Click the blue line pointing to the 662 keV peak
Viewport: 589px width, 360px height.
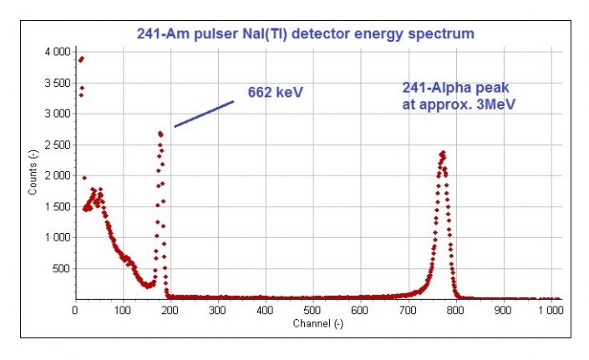pyautogui.click(x=204, y=114)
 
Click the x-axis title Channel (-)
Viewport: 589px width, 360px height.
pyautogui.click(x=317, y=322)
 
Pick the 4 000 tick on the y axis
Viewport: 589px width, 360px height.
pyautogui.click(x=53, y=52)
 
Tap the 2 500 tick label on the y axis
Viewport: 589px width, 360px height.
pyautogui.click(x=53, y=145)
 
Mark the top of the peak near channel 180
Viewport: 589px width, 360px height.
pyautogui.click(x=160, y=132)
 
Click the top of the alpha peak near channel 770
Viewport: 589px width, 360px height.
pyautogui.click(x=442, y=152)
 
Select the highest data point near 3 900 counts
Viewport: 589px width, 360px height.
pyautogui.click(x=81, y=58)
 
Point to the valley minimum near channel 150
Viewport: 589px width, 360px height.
pyautogui.click(x=148, y=286)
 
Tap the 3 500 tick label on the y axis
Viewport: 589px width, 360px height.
pyautogui.click(x=53, y=83)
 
